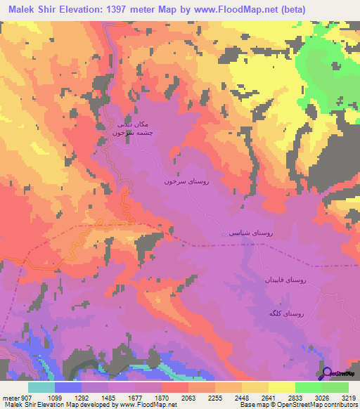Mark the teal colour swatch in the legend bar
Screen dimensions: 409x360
point(41,387)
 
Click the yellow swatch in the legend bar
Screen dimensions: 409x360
point(281,387)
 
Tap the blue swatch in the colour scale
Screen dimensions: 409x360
point(68,387)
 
